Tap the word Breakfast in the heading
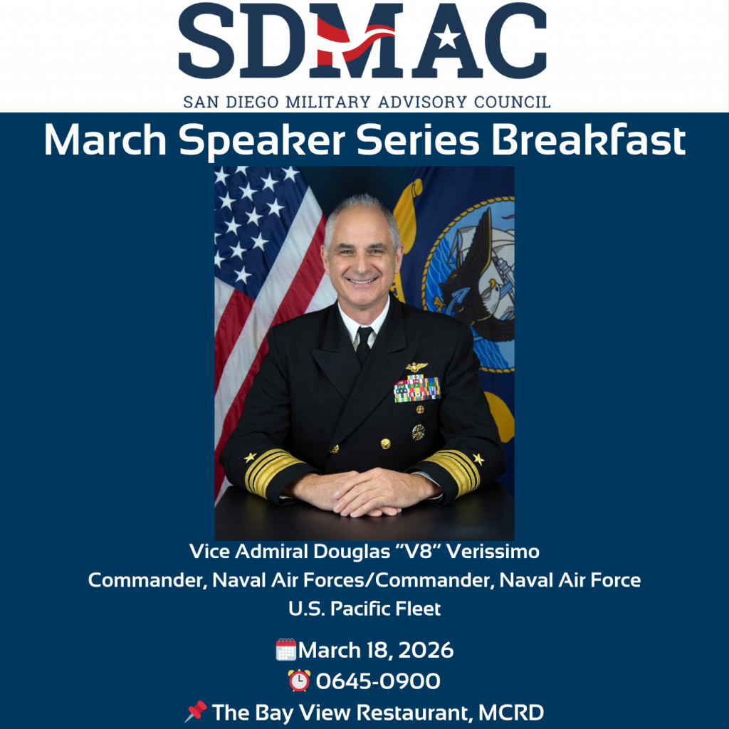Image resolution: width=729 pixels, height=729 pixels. [x=589, y=140]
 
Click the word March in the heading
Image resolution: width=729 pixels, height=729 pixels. [x=105, y=140]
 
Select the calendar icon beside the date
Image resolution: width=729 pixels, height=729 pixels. [x=286, y=649]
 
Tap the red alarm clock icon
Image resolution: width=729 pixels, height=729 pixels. [x=299, y=680]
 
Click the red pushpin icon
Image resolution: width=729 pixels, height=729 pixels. [x=196, y=711]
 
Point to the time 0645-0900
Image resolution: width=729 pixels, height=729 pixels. [x=378, y=681]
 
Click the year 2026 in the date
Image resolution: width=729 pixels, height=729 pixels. [x=426, y=650]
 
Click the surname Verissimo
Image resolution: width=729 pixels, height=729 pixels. [x=493, y=552]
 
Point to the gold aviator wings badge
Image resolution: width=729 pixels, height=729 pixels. [x=416, y=367]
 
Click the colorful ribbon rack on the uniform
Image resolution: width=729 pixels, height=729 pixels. [x=417, y=388]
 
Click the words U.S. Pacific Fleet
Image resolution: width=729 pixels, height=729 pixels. [x=364, y=609]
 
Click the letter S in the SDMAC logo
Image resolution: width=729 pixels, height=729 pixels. [x=206, y=41]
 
